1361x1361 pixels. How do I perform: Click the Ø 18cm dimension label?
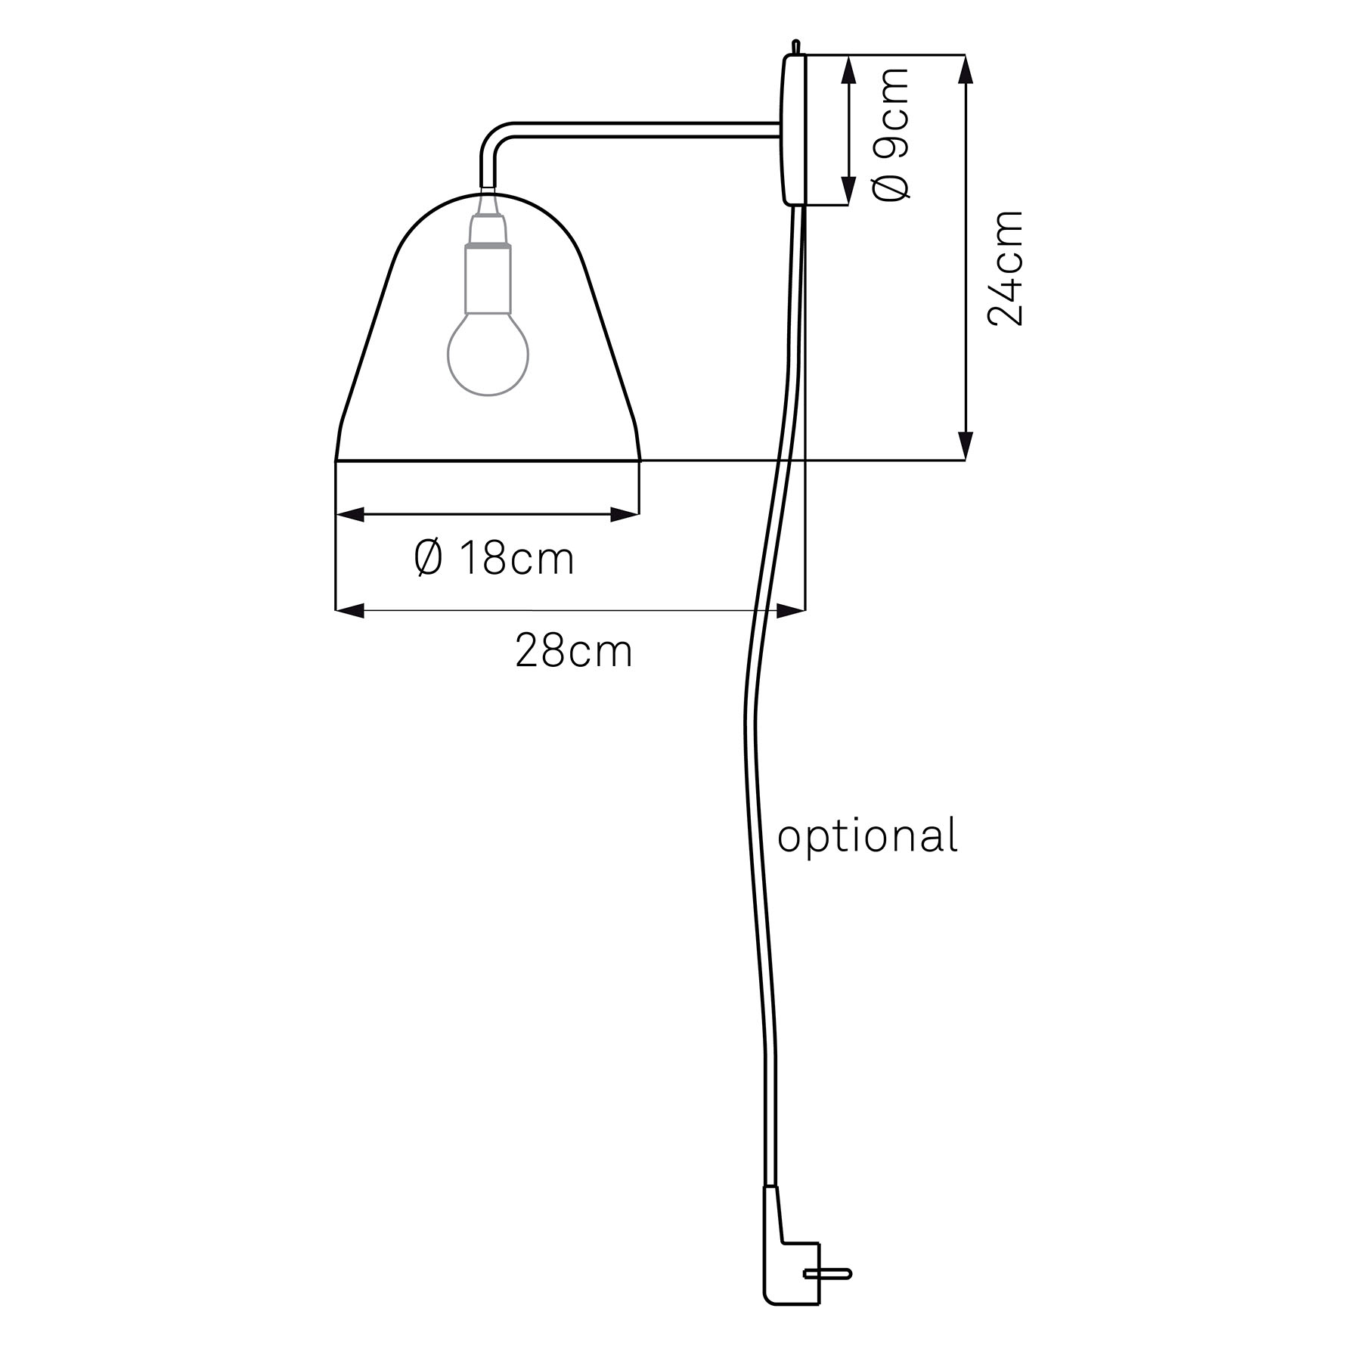pyautogui.click(x=494, y=559)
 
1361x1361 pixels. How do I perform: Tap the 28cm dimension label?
pyautogui.click(x=574, y=651)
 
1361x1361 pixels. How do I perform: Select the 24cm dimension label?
pyautogui.click(x=1006, y=268)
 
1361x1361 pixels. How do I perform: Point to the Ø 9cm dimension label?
pyautogui.click(x=891, y=134)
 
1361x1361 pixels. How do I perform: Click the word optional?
pyautogui.click(x=868, y=837)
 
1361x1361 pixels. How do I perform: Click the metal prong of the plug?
pyautogui.click(x=828, y=1274)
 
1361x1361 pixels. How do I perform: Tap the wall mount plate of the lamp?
pyautogui.click(x=793, y=129)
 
